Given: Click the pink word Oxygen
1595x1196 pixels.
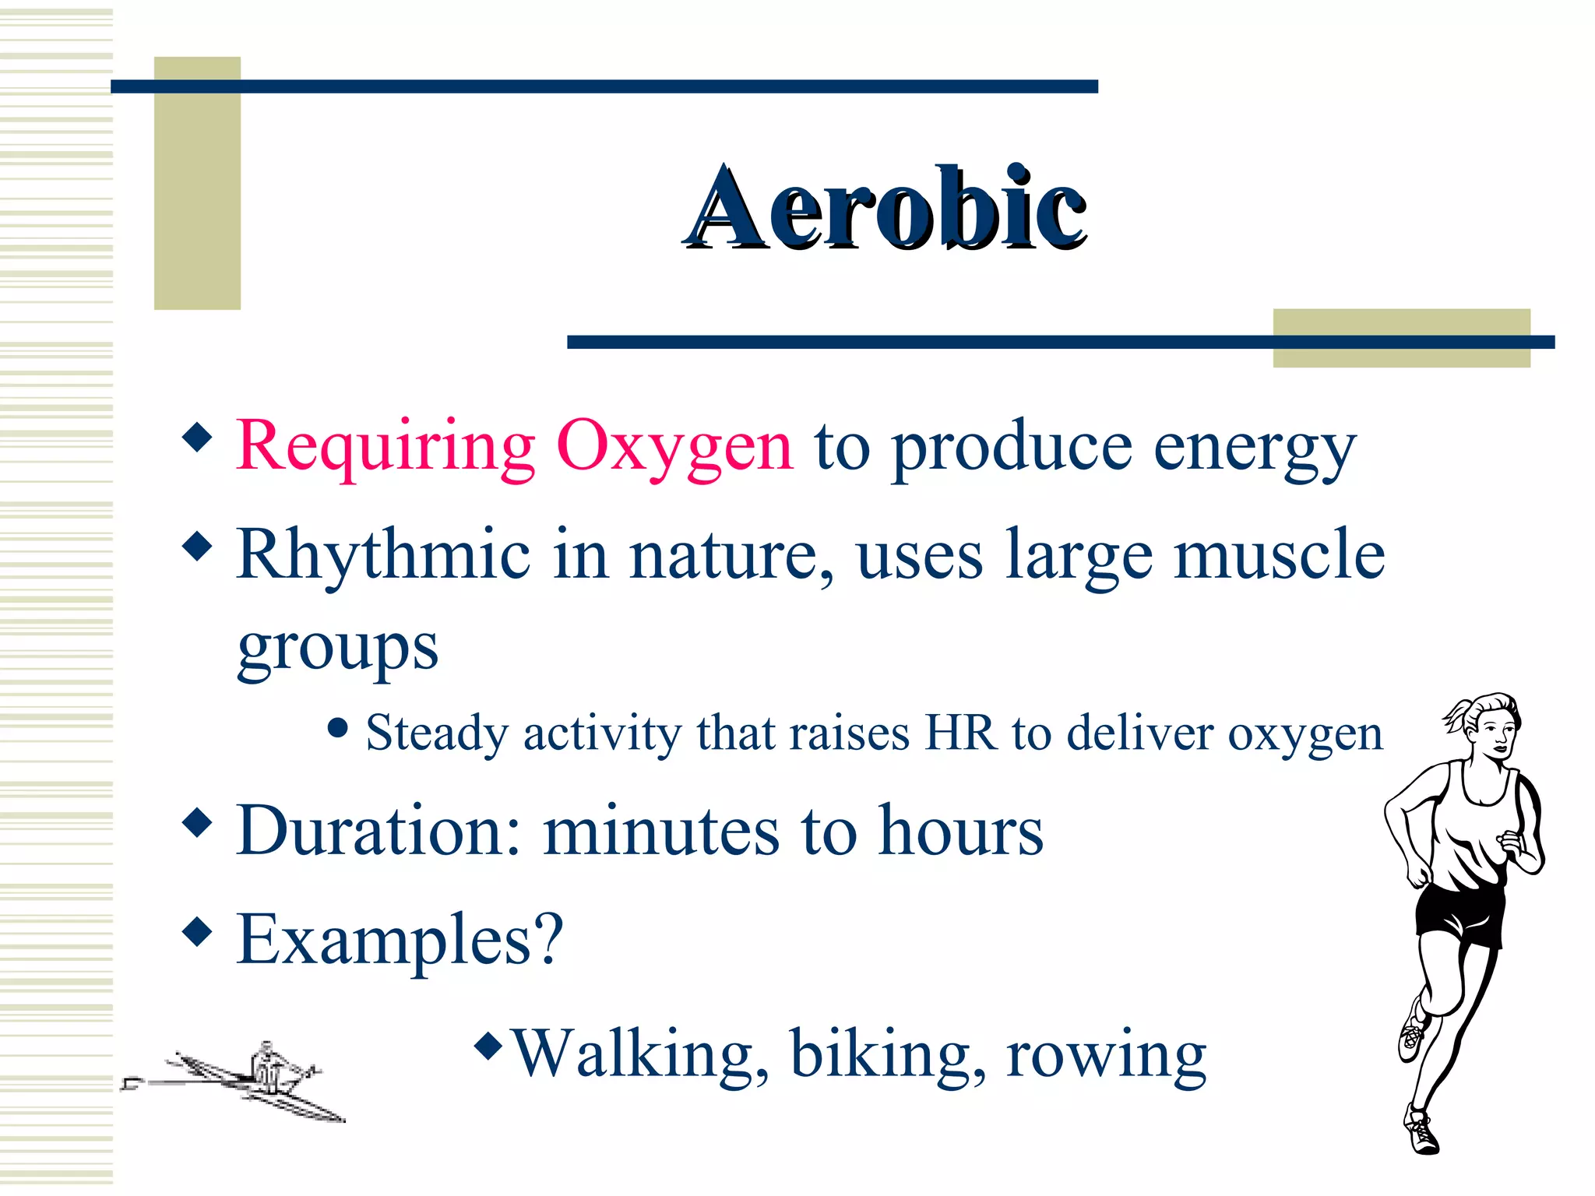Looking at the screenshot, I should [674, 446].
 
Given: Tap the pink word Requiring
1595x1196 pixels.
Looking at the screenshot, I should [386, 446].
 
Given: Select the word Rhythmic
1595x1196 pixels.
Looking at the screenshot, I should [383, 554].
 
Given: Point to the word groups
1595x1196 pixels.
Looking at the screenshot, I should [337, 648].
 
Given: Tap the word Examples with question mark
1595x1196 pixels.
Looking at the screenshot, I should [399, 939].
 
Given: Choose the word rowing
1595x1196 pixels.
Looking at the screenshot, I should [1106, 1055].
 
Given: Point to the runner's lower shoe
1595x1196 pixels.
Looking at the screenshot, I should [1423, 1131].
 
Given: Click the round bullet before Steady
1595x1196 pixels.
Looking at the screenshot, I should [337, 728].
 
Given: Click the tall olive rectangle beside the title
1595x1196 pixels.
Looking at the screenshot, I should [197, 183].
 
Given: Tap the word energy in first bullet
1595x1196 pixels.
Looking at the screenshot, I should [1254, 448].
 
